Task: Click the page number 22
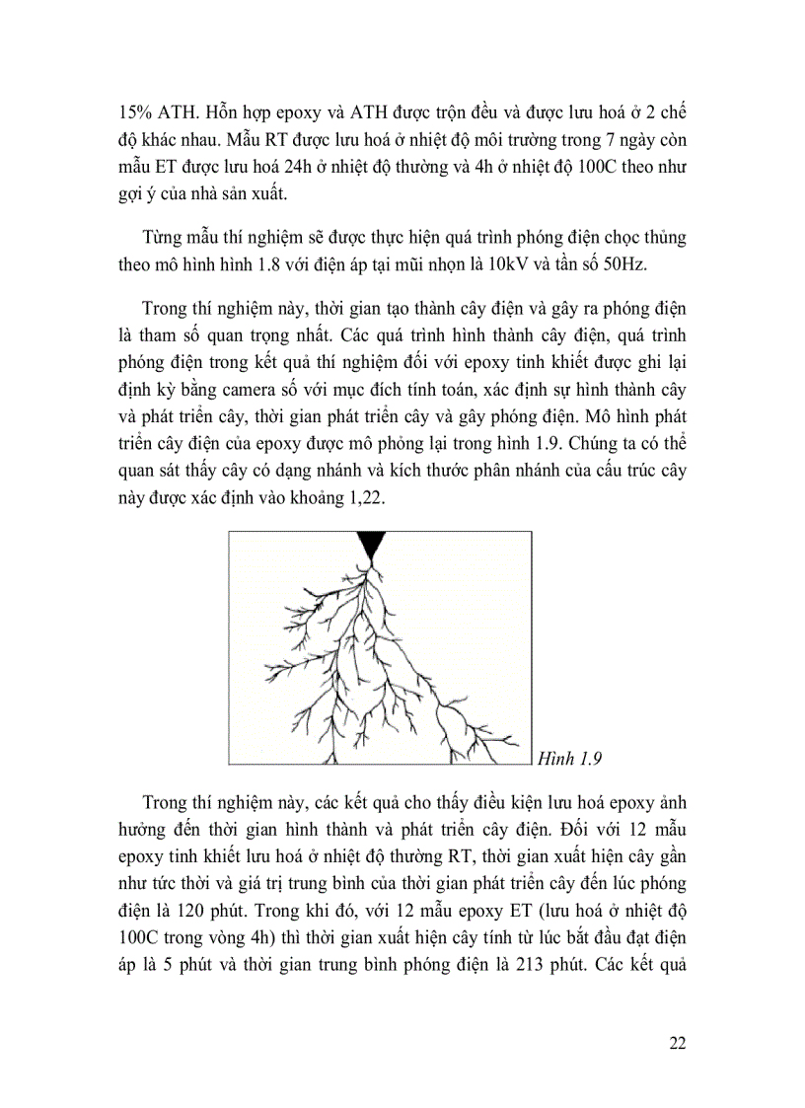click(675, 1045)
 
